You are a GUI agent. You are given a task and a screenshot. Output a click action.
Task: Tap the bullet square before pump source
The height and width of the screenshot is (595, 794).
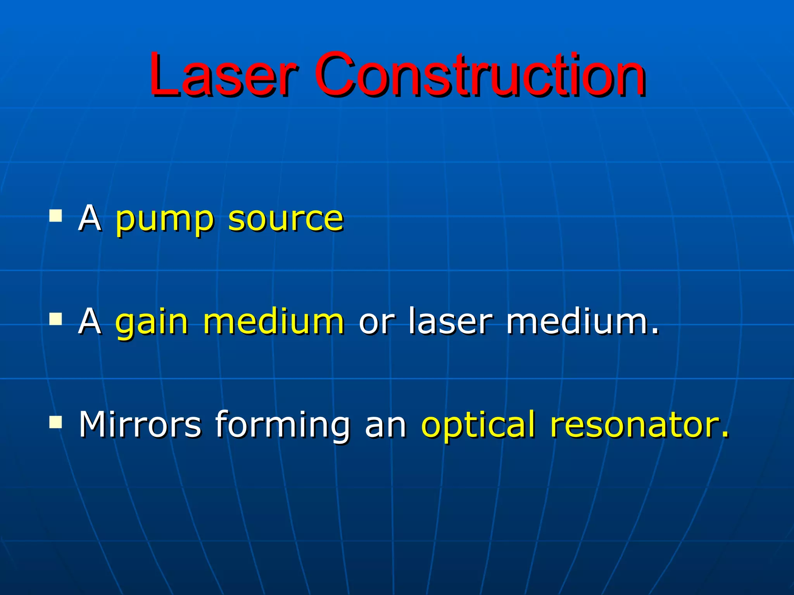[56, 215]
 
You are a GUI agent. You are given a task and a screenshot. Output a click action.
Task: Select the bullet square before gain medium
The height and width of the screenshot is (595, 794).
[56, 319]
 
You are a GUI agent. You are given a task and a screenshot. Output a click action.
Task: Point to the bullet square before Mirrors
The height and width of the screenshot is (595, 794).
[56, 422]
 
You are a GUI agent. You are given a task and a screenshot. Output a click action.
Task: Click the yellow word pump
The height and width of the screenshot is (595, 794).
[164, 220]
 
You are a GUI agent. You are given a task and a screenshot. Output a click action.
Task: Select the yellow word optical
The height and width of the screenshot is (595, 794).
[478, 425]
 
